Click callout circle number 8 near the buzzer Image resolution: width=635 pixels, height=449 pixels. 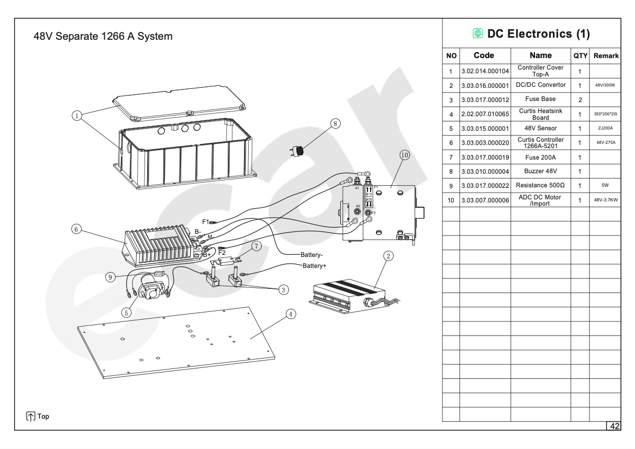336,124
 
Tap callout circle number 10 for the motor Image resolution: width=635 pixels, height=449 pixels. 404,155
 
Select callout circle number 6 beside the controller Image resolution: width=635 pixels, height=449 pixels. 76,229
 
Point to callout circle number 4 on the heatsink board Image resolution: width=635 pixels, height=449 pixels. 291,314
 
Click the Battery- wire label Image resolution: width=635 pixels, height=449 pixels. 311,255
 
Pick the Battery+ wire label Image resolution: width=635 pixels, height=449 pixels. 314,266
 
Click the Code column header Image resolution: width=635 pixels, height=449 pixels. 484,55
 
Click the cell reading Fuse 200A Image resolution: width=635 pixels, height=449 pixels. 540,157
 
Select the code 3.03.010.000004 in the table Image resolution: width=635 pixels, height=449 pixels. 485,172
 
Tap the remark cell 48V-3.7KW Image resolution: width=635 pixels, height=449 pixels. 605,200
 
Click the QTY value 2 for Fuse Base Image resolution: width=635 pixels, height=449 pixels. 580,99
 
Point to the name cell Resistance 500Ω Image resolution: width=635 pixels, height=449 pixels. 540,186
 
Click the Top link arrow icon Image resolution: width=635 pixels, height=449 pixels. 31,417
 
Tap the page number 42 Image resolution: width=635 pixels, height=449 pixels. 614,426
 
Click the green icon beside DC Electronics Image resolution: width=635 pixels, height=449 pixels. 477,34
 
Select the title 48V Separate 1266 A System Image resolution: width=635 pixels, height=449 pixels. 103,37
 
